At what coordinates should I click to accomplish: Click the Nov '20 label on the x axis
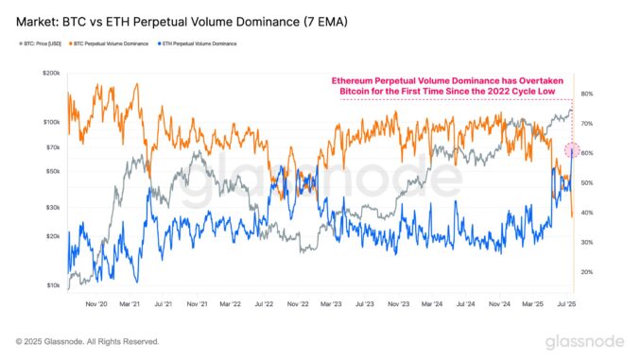tap(97, 304)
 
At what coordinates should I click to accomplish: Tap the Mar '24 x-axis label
tap(432, 304)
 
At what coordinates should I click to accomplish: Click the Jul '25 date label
tap(567, 304)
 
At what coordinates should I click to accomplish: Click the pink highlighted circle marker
tap(570, 149)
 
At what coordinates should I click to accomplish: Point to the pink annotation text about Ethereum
tap(447, 85)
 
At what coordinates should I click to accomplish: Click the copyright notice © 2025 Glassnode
tap(87, 341)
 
